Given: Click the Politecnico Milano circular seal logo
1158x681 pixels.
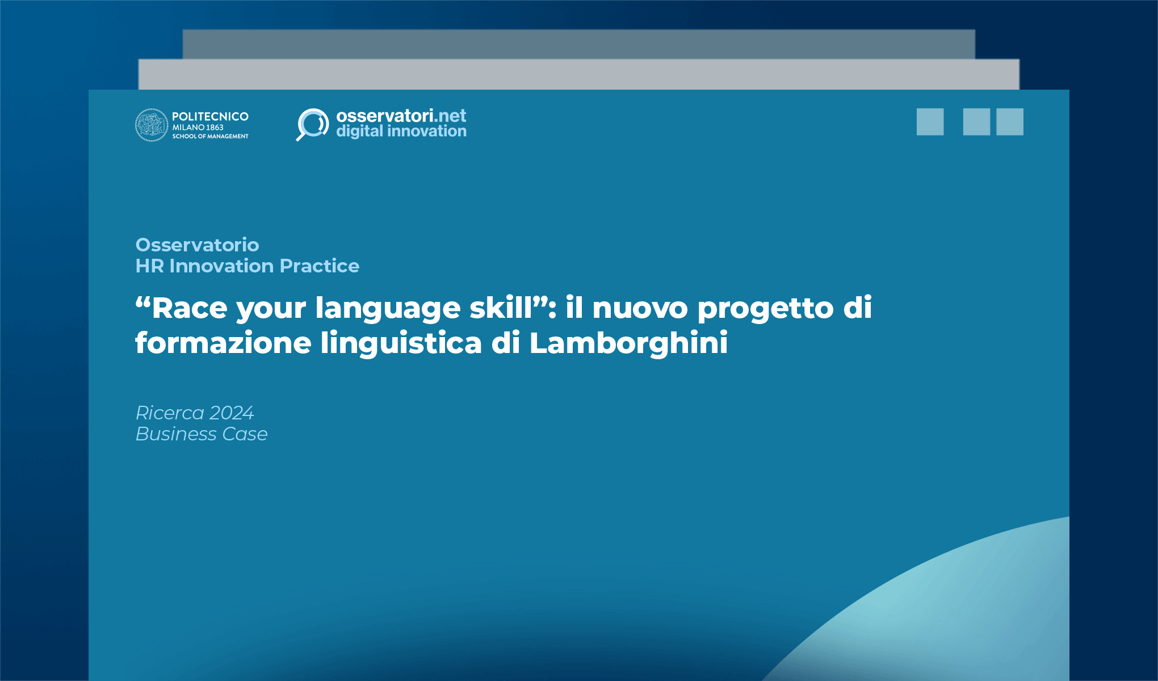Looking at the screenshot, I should click(x=152, y=125).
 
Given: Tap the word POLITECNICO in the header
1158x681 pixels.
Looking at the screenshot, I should click(x=210, y=116).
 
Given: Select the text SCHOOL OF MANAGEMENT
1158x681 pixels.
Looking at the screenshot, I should click(x=210, y=136).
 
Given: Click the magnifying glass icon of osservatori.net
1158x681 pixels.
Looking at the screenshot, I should click(x=312, y=124).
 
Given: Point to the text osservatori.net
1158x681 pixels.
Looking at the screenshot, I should click(x=401, y=116).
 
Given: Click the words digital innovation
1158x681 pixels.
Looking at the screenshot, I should click(x=401, y=131).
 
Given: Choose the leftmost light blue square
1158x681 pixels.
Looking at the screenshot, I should click(x=930, y=122).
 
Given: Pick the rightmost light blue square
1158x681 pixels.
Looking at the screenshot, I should click(x=1010, y=122).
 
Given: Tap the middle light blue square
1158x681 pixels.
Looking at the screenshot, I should click(x=976, y=122).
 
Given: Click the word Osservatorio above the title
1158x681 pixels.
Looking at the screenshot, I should click(x=197, y=245).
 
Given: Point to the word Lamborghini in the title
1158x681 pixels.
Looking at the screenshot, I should click(x=628, y=343).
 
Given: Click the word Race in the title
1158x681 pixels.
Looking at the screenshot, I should click(x=190, y=308).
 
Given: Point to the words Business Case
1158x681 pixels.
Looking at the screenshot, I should click(x=202, y=434).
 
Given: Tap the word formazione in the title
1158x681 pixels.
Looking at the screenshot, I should click(x=223, y=343).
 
